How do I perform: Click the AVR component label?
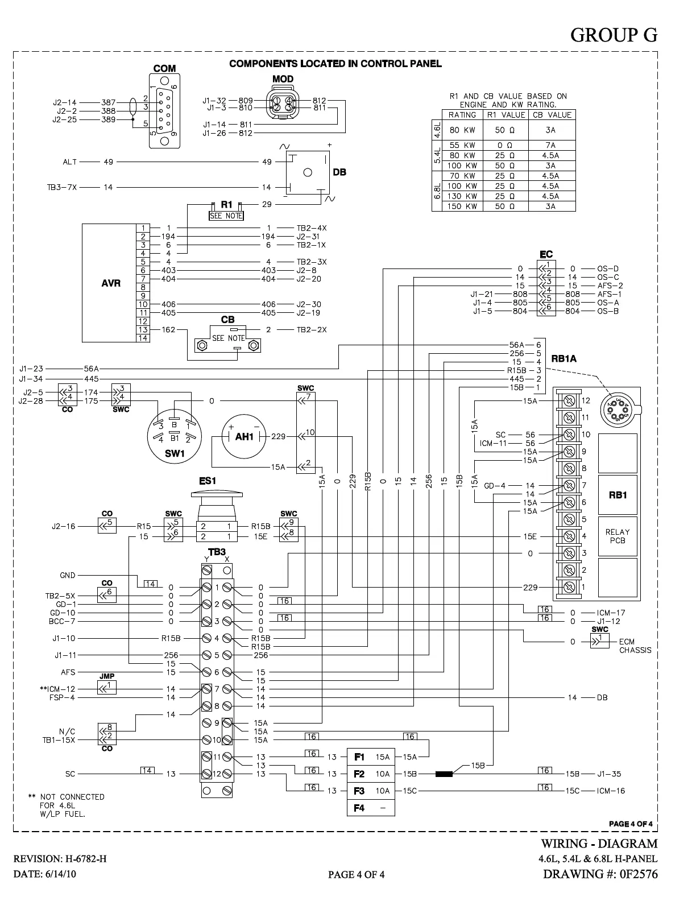pos(111,283)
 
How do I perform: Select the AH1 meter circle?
pos(244,436)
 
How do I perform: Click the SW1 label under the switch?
pos(175,453)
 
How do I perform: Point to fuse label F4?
pos(359,808)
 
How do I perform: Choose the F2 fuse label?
pos(359,774)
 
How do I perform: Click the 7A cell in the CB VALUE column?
pos(550,146)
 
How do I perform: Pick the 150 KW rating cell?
pos(462,206)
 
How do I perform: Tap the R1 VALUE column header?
pos(506,115)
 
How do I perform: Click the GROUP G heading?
pos(614,35)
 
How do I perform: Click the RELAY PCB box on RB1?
pos(618,536)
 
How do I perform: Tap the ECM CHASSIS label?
pos(635,646)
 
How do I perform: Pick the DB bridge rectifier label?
pos(339,172)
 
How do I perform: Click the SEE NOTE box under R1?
pos(226,216)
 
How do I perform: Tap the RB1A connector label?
pos(564,359)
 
